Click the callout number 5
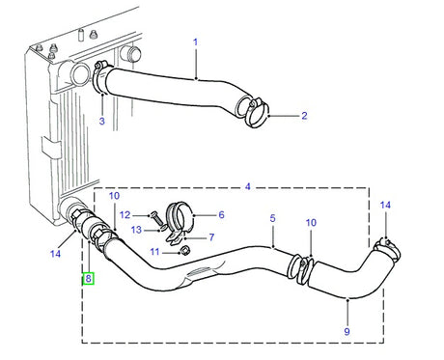coord(272,218)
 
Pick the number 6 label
coord(221,215)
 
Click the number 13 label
coord(135,229)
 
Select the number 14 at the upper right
coord(386,205)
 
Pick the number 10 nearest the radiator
coord(114,196)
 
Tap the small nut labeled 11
coord(185,251)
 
